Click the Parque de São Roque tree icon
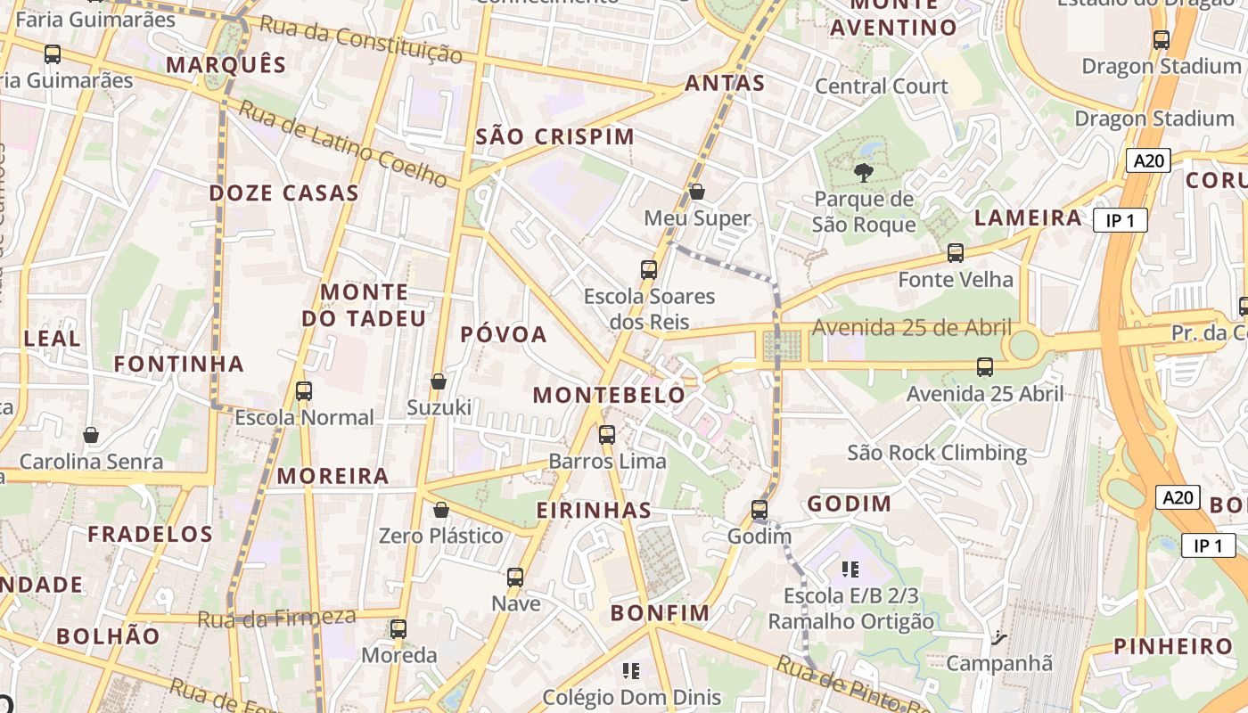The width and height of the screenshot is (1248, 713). [863, 172]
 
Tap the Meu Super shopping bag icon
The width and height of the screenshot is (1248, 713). [697, 192]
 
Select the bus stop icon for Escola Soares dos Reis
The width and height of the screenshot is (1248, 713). [649, 269]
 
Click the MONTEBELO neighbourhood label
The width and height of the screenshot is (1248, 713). [610, 395]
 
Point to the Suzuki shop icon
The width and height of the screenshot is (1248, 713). [439, 381]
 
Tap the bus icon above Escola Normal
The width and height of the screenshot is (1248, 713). [304, 390]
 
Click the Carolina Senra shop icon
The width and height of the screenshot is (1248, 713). [91, 435]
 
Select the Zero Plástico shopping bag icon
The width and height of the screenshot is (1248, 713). [440, 510]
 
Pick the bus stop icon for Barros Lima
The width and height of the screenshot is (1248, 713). [607, 435]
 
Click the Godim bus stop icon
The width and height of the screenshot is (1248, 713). [759, 510]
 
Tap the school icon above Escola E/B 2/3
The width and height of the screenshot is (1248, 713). [850, 569]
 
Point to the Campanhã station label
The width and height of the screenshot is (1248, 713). [998, 663]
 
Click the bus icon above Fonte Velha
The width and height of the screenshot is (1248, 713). [956, 253]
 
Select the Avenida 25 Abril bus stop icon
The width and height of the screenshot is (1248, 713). [985, 366]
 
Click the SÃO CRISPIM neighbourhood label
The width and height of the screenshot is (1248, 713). [554, 136]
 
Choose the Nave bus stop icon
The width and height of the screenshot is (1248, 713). [515, 577]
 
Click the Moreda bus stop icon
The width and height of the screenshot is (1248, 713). [398, 628]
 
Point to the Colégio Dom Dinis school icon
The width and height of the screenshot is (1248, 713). [631, 670]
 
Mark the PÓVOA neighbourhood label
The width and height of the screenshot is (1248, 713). [504, 334]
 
